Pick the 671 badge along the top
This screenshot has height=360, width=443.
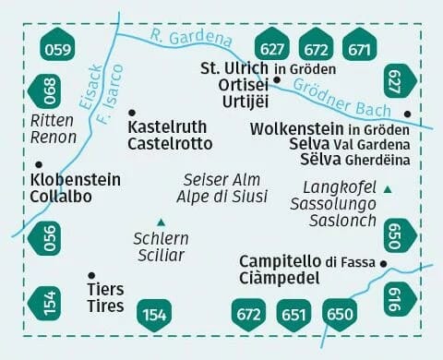coord(359,47)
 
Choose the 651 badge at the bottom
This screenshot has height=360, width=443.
coord(294,314)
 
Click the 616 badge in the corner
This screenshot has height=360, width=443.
coord(394,296)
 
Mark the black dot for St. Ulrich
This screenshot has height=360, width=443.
coord(250,78)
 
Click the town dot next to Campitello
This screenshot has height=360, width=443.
coord(383,264)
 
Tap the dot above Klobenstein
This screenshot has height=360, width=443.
coord(37,165)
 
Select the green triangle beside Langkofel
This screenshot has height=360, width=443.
coord(388,189)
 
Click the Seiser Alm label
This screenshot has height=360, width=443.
coord(221,179)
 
